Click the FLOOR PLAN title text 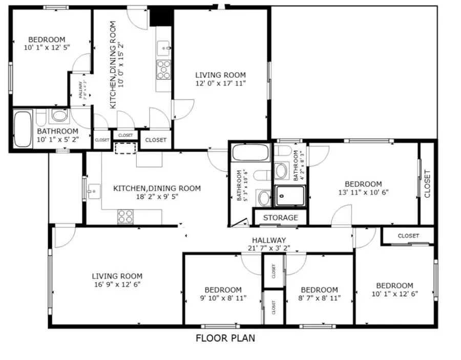tap(225, 338)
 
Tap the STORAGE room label tap(280, 218)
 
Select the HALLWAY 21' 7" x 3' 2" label tap(269, 244)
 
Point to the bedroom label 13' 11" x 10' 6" tap(363, 188)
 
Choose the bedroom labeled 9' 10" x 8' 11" tap(223, 294)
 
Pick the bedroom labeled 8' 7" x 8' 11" tap(319, 294)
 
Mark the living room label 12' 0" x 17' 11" tap(220, 79)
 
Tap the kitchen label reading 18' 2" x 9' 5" tap(157, 193)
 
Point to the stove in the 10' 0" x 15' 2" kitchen tap(164, 69)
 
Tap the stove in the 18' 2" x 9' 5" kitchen tap(125, 216)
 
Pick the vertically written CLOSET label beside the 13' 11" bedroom tap(427, 183)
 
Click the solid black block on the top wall tap(160, 16)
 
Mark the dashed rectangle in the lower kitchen tap(123, 149)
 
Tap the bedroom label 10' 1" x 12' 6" tap(394, 290)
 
